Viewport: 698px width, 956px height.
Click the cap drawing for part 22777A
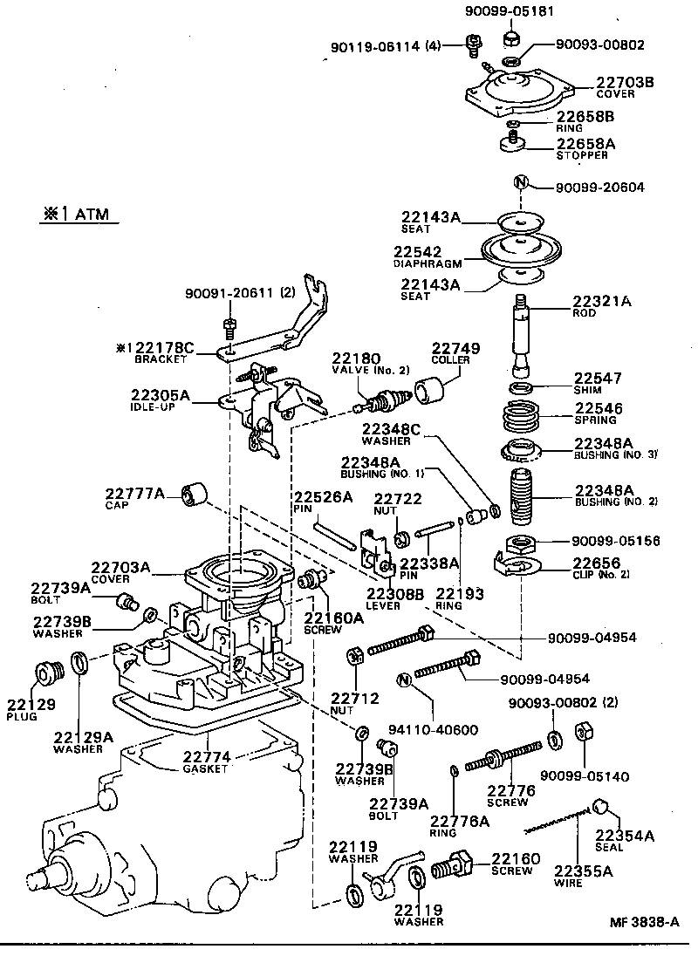[194, 495]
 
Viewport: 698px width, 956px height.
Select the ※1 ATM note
[79, 214]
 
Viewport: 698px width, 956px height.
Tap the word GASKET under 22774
[205, 768]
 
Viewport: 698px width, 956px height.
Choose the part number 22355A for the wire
[583, 870]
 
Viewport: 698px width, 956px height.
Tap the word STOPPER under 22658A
[582, 155]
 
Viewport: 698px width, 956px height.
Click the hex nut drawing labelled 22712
[356, 655]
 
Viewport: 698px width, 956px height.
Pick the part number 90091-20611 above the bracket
[226, 294]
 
